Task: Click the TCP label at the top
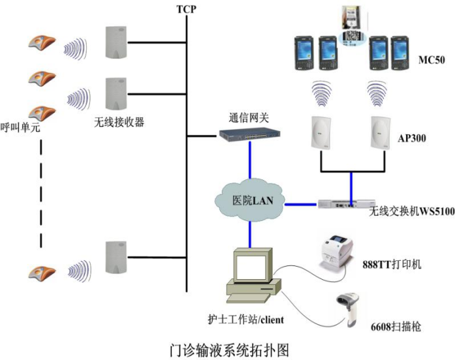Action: tap(186, 9)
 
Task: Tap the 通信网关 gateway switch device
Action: tap(249, 135)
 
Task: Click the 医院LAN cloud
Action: tap(249, 200)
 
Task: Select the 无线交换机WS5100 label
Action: tap(411, 211)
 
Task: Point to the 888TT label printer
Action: tap(337, 254)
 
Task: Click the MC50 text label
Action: tap(431, 60)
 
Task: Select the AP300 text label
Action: tap(412, 138)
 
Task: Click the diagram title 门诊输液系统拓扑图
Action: tap(229, 350)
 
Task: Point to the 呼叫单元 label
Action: tap(20, 127)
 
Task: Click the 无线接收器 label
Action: tap(119, 122)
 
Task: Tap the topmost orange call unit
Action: tap(42, 43)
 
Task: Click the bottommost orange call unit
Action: tap(42, 272)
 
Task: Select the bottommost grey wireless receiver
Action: tap(116, 258)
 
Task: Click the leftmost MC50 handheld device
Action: tap(304, 53)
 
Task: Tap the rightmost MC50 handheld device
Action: tap(400, 53)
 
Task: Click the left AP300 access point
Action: tap(321, 133)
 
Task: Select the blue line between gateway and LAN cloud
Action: tap(250, 160)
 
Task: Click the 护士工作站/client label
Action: tap(246, 320)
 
